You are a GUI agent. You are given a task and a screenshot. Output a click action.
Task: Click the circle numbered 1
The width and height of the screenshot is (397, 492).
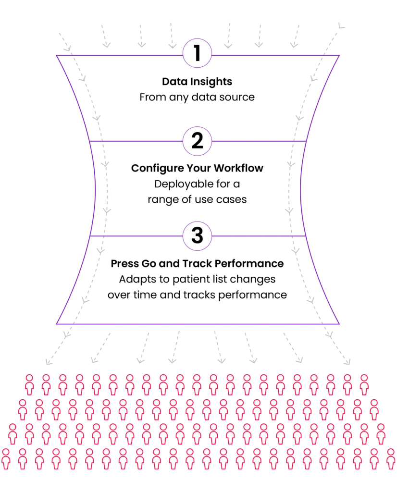point(197,53)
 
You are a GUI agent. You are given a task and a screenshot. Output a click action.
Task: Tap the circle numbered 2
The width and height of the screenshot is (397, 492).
point(197,141)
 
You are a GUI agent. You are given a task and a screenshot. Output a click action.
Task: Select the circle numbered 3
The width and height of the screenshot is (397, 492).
point(197,236)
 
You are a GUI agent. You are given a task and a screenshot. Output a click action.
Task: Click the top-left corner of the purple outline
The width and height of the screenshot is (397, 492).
point(57,56)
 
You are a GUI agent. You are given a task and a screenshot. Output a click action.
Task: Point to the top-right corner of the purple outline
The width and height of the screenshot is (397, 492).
point(340,56)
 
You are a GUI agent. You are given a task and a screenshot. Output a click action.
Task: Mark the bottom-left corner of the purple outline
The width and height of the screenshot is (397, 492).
point(56,324)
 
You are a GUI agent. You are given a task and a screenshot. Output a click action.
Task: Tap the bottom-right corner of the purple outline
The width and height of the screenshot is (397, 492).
point(341,324)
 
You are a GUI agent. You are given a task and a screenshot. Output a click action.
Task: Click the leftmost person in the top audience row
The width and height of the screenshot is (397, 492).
point(29,384)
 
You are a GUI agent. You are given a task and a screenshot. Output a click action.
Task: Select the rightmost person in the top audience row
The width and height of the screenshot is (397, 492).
point(364,384)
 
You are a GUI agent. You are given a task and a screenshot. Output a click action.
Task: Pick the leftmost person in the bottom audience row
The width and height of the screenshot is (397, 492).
point(5,458)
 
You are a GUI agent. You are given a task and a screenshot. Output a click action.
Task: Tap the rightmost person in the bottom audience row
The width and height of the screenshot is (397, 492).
point(390,458)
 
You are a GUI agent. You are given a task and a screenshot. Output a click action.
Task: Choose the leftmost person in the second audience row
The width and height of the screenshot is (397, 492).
point(22,409)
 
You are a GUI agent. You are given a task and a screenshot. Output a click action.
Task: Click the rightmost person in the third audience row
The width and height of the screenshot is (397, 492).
point(381,434)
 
